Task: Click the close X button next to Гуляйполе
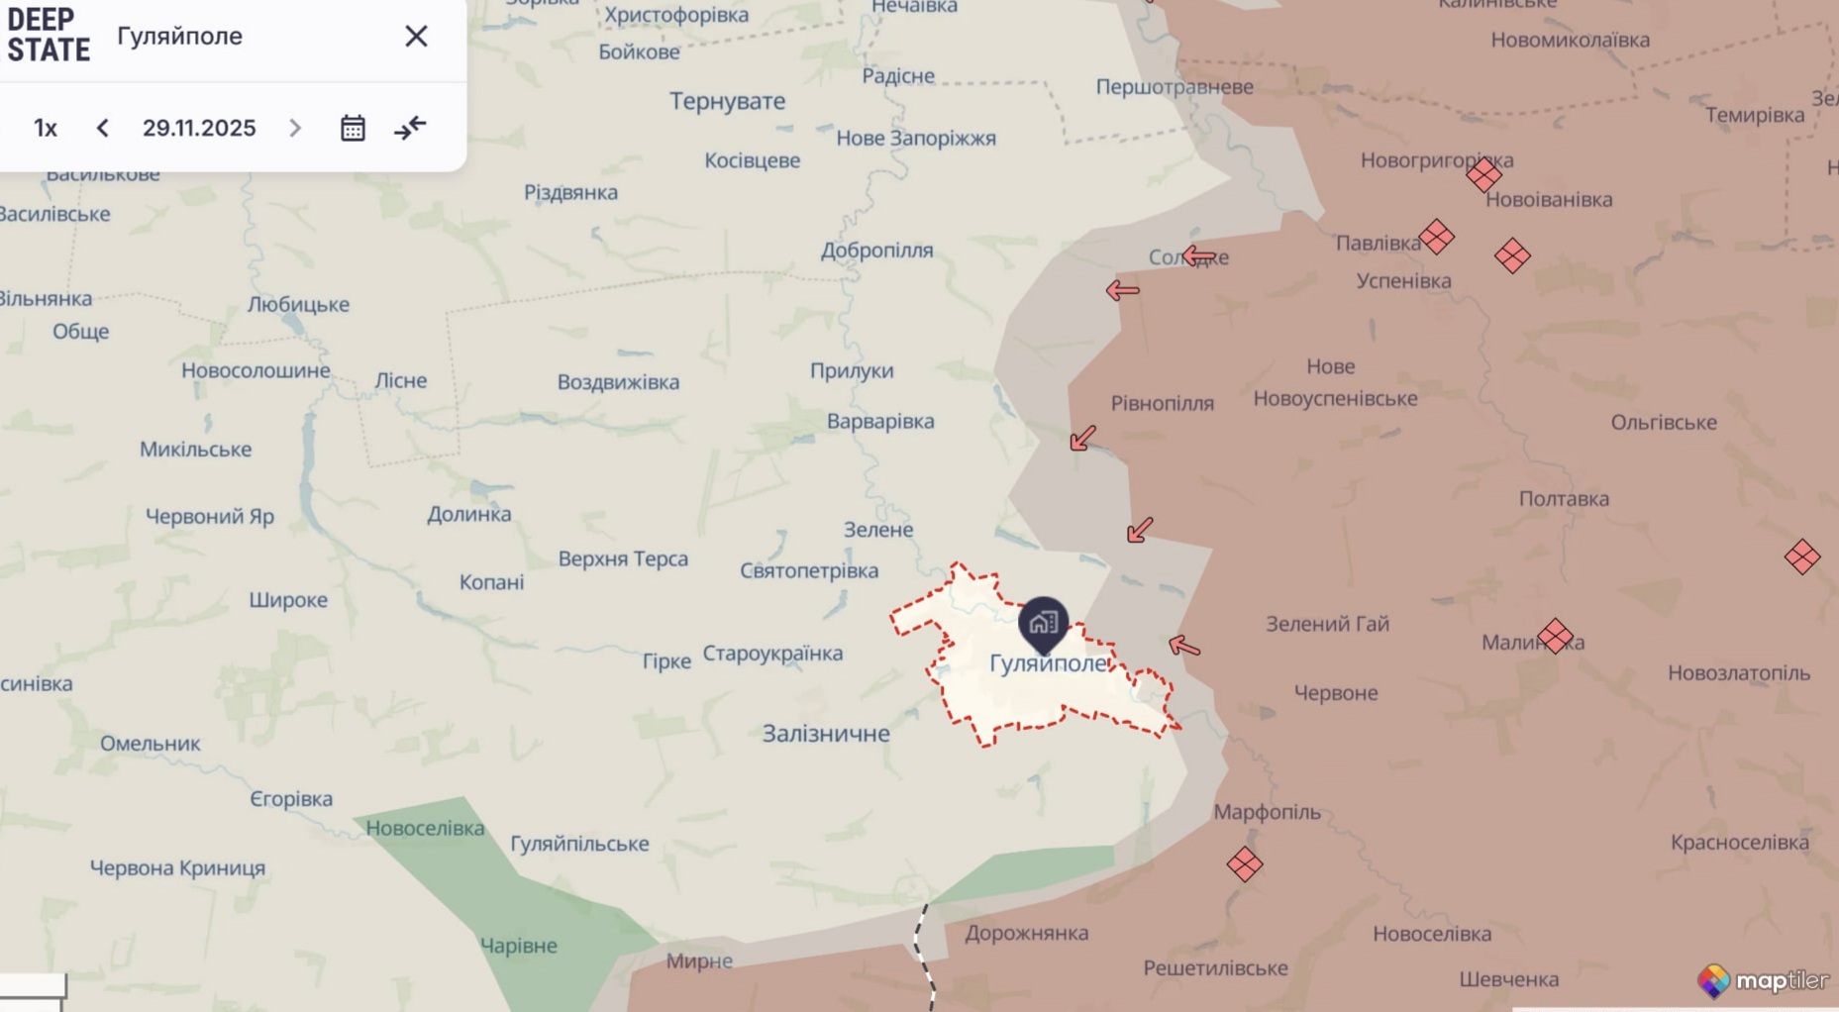pos(416,37)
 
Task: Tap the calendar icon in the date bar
pos(353,128)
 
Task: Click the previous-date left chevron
pos(103,128)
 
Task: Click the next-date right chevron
pos(294,128)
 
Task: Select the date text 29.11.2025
pos(199,128)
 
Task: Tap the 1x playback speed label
pos(46,128)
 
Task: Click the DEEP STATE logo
pos(48,36)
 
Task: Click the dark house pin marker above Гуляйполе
pos(1043,623)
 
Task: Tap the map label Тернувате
pos(727,101)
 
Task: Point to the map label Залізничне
pos(826,734)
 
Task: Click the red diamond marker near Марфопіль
pos(1244,864)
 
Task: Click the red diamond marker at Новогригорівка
pos(1483,176)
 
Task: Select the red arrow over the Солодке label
pos(1199,256)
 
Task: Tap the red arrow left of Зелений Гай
pos(1184,647)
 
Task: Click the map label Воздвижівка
pos(618,382)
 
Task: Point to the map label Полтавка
pos(1564,499)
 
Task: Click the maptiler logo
pos(1764,980)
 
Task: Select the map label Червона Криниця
pos(177,868)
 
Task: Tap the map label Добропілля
pos(876,251)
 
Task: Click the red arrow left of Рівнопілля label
pos(1083,438)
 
